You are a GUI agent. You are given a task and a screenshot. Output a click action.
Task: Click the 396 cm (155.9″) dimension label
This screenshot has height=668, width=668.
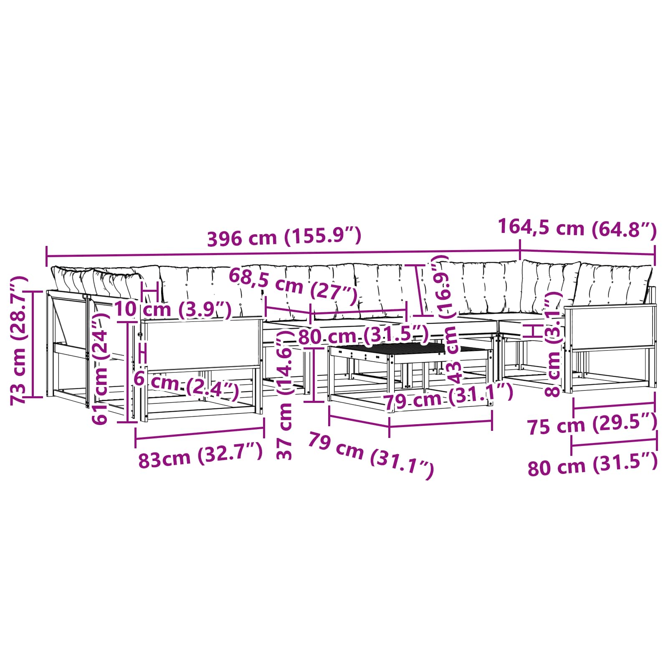click(284, 237)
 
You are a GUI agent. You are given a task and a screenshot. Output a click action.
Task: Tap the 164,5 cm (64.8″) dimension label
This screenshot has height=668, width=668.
click(577, 228)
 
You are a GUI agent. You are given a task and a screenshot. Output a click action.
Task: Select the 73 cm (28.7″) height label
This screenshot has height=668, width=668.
click(19, 340)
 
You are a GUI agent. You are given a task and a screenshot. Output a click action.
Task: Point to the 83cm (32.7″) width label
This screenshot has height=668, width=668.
click(200, 456)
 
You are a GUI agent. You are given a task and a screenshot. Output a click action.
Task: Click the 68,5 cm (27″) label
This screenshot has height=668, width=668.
click(293, 286)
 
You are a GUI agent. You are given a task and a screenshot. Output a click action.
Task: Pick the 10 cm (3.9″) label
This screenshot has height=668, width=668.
click(172, 309)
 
